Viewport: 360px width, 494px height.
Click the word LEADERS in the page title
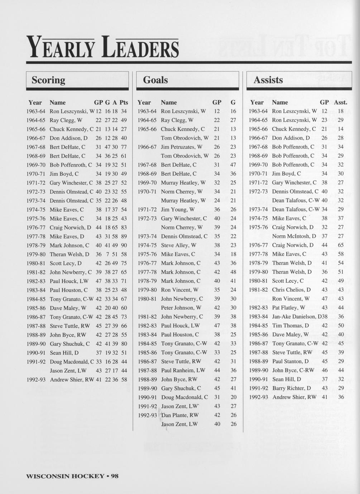click(x=140, y=48)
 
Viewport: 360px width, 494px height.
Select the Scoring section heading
click(x=48, y=80)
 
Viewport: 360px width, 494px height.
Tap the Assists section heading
click(x=268, y=80)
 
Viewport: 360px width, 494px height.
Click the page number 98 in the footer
click(x=115, y=476)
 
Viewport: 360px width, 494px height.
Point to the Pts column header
click(x=124, y=102)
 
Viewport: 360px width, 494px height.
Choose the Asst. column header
click(x=341, y=102)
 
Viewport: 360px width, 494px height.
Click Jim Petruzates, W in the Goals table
click(x=182, y=147)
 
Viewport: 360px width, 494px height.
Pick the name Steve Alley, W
click(x=178, y=245)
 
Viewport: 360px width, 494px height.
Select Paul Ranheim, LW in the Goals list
click(x=183, y=370)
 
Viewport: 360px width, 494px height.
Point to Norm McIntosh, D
click(x=294, y=236)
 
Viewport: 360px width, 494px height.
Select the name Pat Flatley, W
click(x=288, y=307)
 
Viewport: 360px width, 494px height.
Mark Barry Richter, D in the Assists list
click(x=291, y=388)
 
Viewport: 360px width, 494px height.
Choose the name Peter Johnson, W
click(x=181, y=307)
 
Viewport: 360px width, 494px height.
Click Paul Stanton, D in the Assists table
click(x=290, y=361)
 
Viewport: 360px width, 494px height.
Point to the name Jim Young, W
click(x=178, y=209)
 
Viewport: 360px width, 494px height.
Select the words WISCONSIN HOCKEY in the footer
click(x=65, y=476)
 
